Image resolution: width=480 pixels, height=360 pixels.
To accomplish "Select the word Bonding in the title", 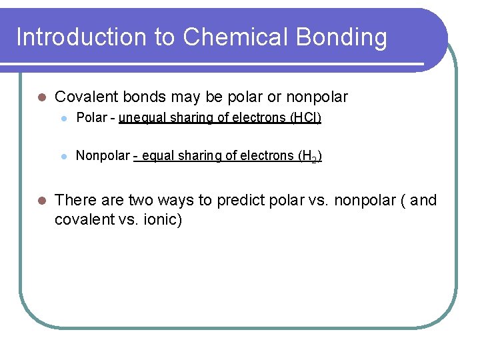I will [x=351, y=37].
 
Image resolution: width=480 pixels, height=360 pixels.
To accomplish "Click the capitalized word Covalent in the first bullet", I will [x=85, y=97].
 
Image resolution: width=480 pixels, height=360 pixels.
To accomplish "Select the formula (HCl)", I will [x=305, y=119].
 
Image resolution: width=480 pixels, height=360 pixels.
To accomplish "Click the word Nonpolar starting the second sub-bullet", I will [x=103, y=156].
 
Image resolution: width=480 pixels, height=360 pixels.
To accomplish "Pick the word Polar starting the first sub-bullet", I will [x=89, y=119].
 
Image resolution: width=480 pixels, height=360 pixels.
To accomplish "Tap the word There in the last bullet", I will [x=75, y=201].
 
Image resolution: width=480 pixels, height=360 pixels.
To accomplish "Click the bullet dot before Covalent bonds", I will [x=41, y=98].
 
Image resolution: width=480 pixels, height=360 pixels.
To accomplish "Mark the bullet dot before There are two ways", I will [x=41, y=201].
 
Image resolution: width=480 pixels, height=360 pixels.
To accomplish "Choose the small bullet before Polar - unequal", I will [x=63, y=119].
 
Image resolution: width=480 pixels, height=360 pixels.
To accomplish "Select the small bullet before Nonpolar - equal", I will [x=63, y=156].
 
